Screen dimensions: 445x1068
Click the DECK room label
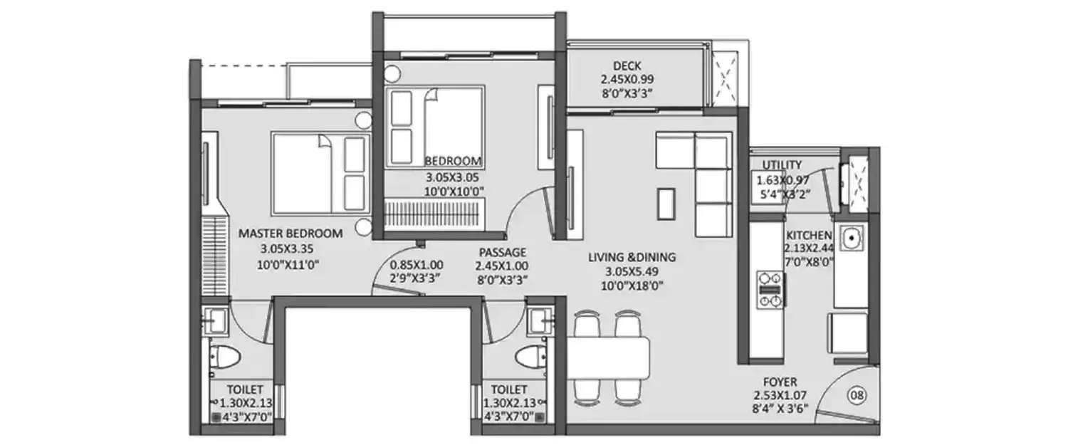[626, 66]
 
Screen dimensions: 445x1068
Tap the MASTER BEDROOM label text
[290, 233]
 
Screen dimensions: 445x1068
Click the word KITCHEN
[808, 236]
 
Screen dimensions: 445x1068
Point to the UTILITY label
[782, 165]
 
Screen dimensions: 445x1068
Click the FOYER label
[782, 382]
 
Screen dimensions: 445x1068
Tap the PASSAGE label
[503, 252]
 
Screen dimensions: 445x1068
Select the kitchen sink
[850, 238]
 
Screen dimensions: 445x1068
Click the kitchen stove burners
[769, 289]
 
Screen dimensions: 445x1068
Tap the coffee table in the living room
[666, 204]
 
